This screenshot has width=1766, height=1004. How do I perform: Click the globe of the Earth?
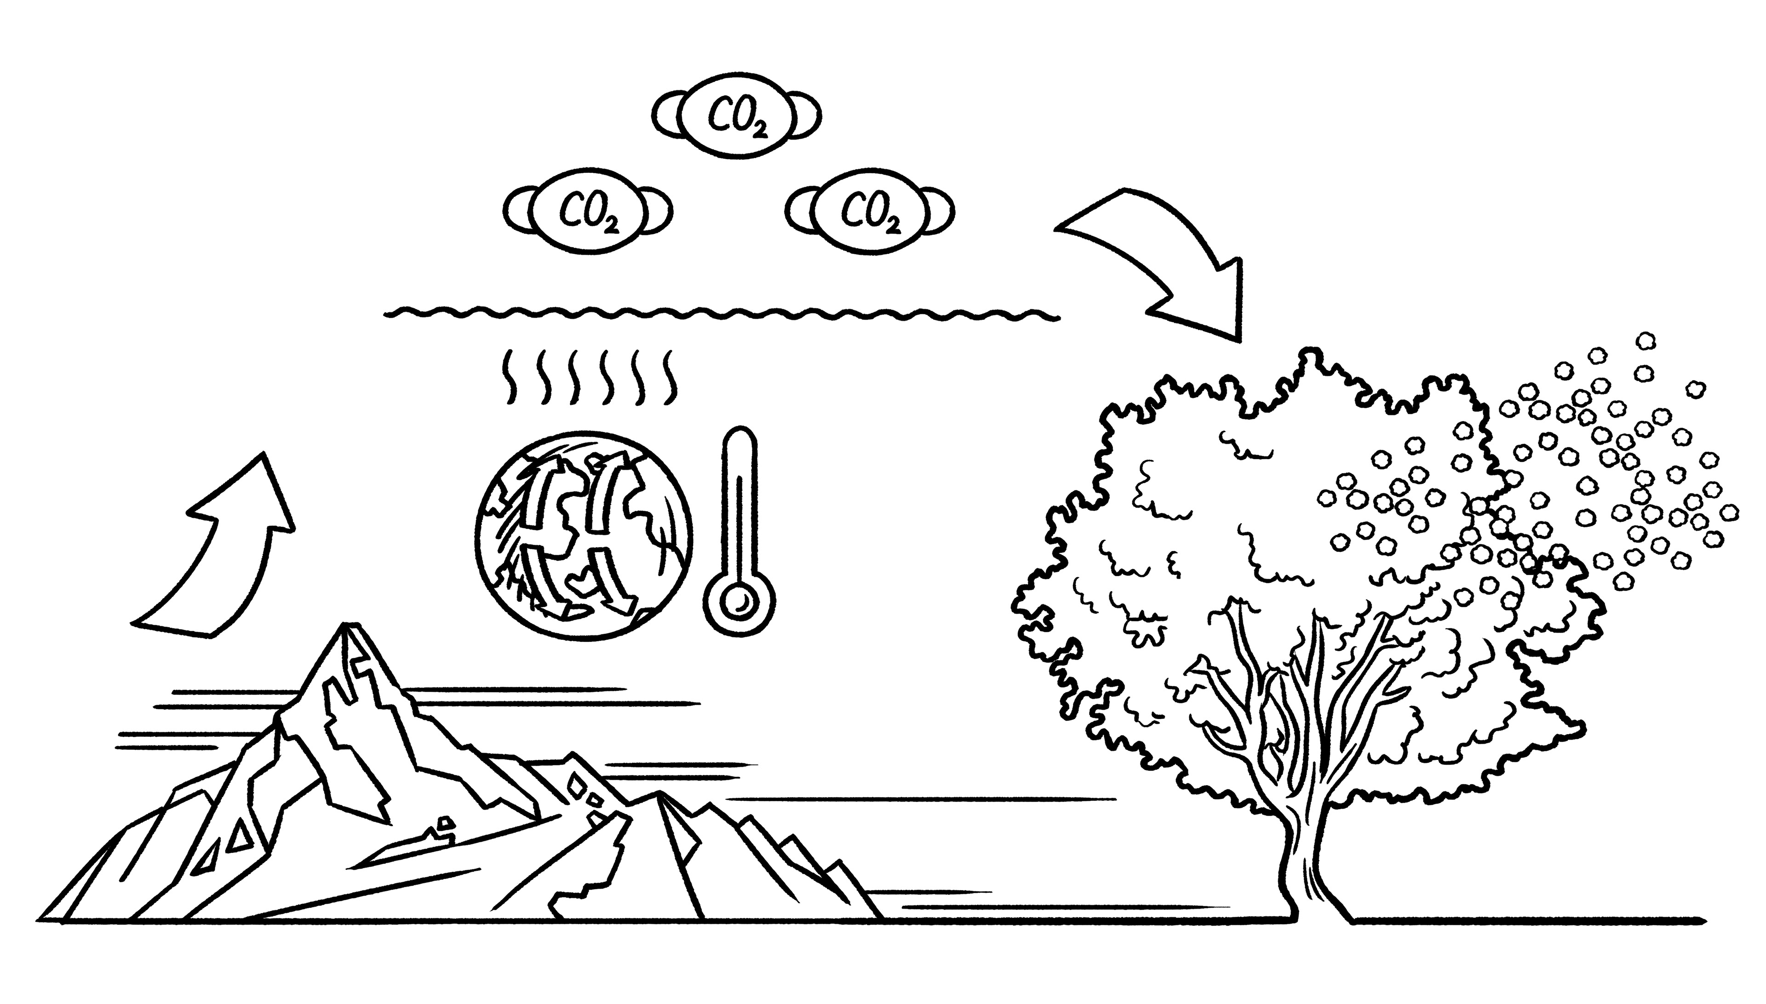583,536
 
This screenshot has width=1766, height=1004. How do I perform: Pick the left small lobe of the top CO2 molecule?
666,116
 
